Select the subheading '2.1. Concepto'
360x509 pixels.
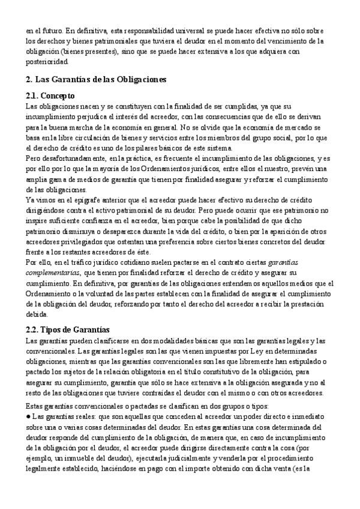(50, 95)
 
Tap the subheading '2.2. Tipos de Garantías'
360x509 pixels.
(67, 330)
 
